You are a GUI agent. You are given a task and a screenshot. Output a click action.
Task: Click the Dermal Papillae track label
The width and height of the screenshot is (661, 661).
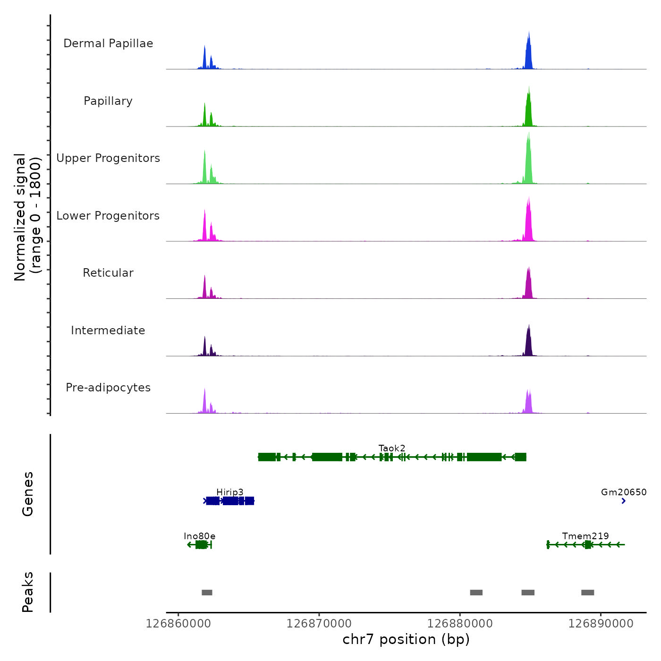point(108,43)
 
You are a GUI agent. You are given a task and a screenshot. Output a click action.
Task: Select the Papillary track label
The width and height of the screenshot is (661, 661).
point(108,101)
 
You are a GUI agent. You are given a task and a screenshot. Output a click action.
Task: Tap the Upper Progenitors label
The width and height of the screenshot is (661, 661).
point(108,158)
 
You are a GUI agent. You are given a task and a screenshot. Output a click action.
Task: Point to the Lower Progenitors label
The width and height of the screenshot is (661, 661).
point(108,216)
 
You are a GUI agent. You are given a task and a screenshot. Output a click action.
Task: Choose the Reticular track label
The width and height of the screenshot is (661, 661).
point(108,273)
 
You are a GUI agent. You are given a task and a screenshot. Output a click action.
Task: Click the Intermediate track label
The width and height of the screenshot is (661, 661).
point(108,330)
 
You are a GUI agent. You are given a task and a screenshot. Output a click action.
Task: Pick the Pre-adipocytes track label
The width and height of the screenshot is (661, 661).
point(108,388)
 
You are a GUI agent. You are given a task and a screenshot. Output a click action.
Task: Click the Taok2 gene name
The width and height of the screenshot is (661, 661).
point(392,448)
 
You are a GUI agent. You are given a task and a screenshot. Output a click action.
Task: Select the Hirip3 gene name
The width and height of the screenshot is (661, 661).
point(230,492)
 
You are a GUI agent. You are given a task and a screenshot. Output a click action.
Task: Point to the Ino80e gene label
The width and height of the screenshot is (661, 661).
point(200,536)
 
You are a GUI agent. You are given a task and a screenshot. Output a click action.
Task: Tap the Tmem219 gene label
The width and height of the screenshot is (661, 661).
point(585,536)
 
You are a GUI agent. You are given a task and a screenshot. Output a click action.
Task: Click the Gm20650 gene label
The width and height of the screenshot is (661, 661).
point(624,492)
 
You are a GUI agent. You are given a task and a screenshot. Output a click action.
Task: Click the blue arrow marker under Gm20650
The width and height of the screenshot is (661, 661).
point(624,501)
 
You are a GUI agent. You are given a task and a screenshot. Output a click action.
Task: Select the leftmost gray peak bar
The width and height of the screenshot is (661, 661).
point(207,593)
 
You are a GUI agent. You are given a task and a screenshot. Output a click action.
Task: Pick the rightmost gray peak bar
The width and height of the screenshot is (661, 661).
point(587,593)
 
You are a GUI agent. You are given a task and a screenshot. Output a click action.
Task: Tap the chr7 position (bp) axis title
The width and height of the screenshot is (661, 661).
point(406,640)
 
